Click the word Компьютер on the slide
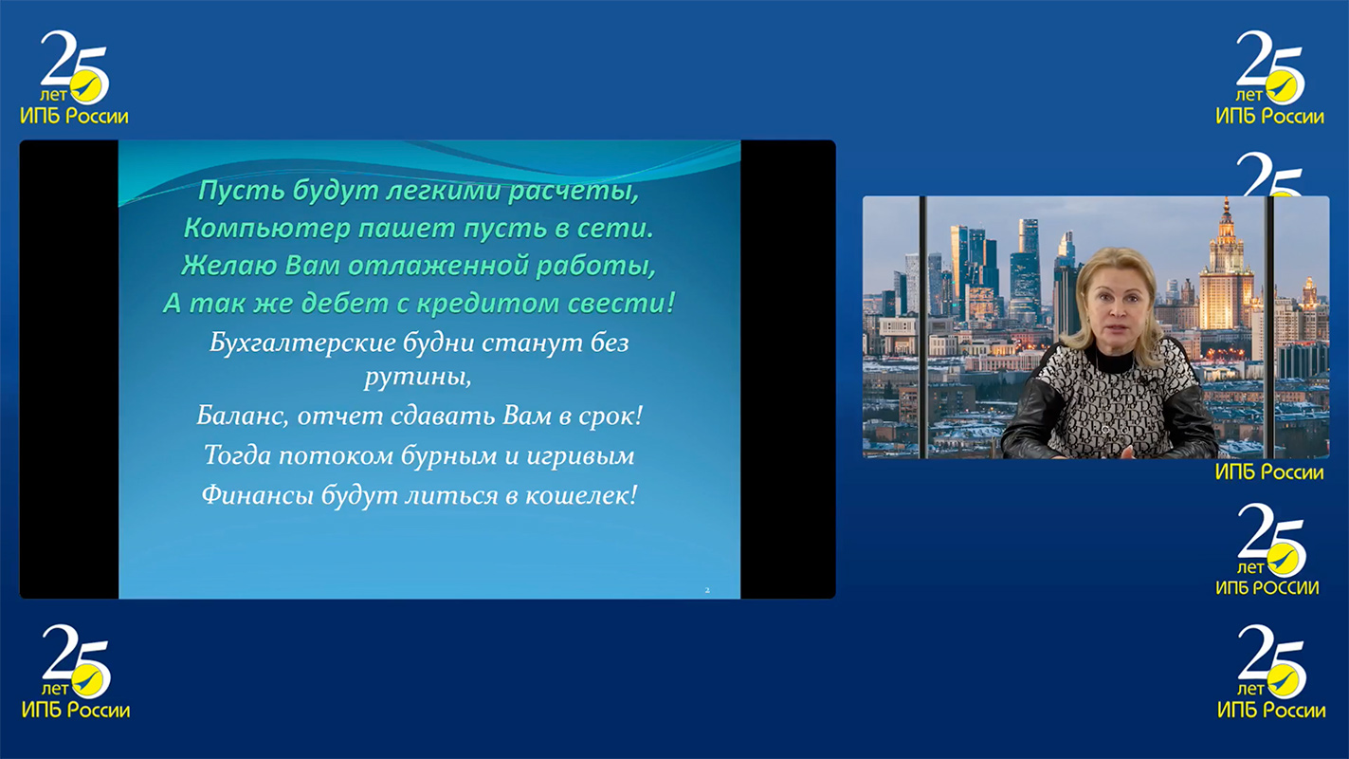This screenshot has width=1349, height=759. coord(266,229)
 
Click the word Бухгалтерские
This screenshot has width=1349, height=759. coord(302,343)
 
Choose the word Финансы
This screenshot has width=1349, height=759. coord(258,495)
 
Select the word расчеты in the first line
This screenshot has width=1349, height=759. coord(573,192)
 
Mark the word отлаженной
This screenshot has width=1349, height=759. coord(437,266)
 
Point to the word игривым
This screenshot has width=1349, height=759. coord(580,456)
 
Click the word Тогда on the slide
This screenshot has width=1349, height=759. coord(236,455)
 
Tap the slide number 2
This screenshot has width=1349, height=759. coord(707,590)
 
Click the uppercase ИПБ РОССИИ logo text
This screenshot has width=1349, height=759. coord(1267,588)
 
